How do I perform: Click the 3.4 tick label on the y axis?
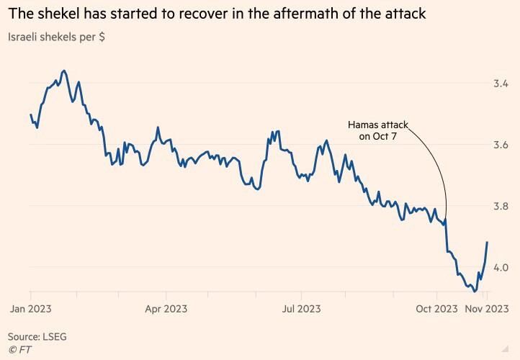point(501,84)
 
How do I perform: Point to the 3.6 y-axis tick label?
point(501,145)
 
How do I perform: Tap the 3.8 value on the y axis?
point(501,206)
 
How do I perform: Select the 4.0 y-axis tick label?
point(501,267)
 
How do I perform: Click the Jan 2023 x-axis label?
point(30,309)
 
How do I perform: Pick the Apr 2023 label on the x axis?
point(166,309)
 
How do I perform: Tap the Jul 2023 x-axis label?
point(300,309)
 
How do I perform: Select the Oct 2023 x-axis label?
point(436,309)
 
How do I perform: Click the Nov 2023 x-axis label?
point(488,309)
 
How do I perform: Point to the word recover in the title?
point(203,14)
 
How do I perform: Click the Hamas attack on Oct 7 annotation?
point(378,130)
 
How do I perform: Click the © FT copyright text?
point(20,350)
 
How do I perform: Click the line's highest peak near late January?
point(64,71)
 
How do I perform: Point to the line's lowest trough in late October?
point(473,291)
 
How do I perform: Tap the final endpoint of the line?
point(488,242)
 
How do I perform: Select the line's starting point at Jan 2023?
point(30,114)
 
